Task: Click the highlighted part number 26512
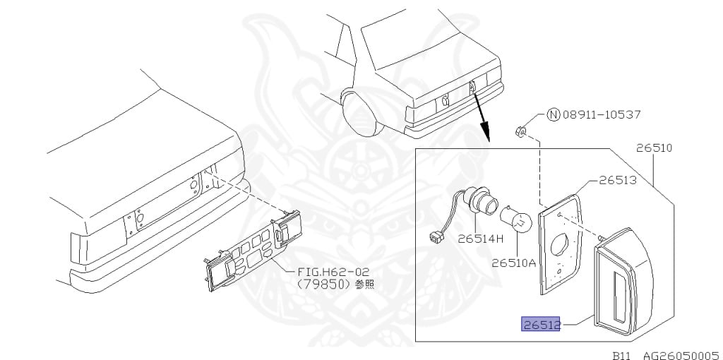coord(540,325)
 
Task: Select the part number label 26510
coord(655,148)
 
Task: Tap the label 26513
coord(617,180)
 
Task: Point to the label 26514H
coord(480,239)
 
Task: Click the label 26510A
coord(514,263)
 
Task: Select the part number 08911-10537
coord(602,114)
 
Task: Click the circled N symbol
coord(554,114)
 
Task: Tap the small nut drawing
coord(520,133)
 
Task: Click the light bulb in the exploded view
coord(516,220)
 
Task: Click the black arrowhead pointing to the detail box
coord(484,135)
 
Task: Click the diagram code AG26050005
coord(683,355)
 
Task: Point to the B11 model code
coord(623,355)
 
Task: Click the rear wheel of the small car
coord(364,114)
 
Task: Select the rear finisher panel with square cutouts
coord(252,251)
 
